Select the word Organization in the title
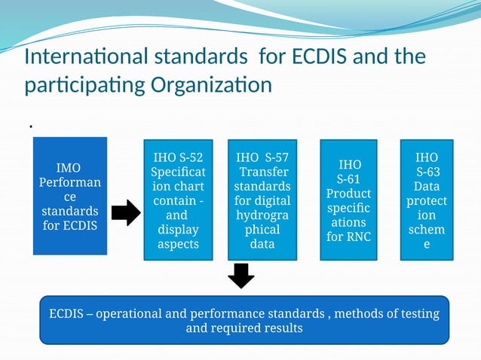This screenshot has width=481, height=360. click(213, 84)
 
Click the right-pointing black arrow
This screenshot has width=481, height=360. click(125, 213)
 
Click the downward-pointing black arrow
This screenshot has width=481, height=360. click(240, 276)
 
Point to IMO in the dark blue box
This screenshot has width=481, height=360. click(69, 167)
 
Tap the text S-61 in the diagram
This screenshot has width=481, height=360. click(348, 179)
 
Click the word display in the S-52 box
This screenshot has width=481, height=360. click(178, 230)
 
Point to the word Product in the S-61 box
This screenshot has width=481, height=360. click(348, 194)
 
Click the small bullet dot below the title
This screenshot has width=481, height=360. click(31, 127)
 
